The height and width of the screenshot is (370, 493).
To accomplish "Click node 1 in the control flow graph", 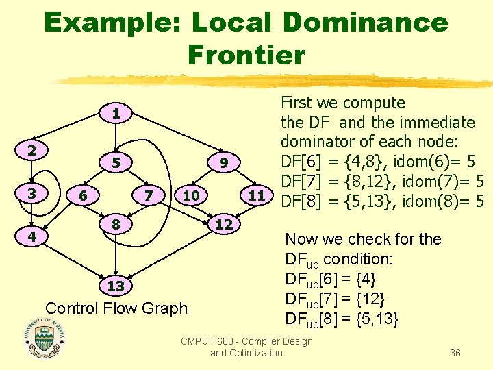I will (x=117, y=114).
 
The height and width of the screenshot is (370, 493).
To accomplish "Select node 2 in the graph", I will (x=32, y=150).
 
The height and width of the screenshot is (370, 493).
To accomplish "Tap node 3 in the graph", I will (x=32, y=194).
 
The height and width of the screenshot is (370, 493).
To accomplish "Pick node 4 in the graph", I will (x=32, y=237).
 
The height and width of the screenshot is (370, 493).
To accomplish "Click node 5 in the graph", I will (x=117, y=163).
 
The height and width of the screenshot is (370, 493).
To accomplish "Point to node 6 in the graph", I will (x=83, y=195).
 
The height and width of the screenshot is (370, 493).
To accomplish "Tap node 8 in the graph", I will (x=117, y=223).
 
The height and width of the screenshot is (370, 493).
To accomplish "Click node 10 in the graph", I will (x=191, y=195).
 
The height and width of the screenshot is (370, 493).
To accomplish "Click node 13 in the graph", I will (x=117, y=285).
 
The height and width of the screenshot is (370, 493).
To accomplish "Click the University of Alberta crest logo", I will (x=44, y=338).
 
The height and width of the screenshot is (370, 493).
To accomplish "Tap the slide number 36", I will (x=455, y=353).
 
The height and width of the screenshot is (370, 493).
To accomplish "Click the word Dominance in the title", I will (x=365, y=23).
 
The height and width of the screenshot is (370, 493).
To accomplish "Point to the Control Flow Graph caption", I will (x=116, y=308).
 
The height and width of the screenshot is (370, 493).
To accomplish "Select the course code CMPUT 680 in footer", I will (x=208, y=341).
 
